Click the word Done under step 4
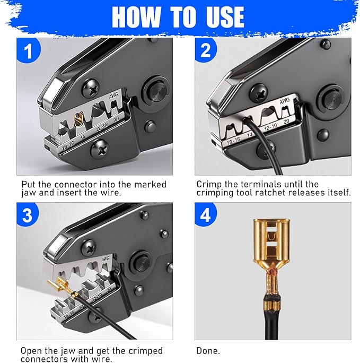[x=207, y=351]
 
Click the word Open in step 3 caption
[x=30, y=351]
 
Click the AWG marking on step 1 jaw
[x=113, y=97]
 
